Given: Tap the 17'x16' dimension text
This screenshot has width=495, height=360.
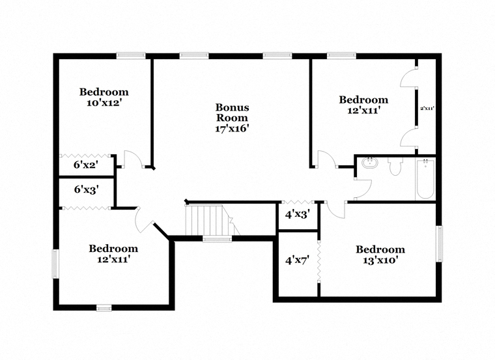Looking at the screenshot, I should [x=233, y=128].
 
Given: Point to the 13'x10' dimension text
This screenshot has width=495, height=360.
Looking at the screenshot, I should [x=380, y=260].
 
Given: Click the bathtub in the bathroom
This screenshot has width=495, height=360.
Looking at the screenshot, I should [x=424, y=178].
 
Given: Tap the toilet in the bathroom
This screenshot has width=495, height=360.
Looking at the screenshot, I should [x=393, y=167].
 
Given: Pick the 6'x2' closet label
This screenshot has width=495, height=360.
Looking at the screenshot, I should [x=85, y=165].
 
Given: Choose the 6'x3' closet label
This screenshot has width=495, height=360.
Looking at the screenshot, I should [x=86, y=190].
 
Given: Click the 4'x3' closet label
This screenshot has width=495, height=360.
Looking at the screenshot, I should [x=297, y=213].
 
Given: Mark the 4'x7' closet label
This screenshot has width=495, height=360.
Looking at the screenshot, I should [x=297, y=260].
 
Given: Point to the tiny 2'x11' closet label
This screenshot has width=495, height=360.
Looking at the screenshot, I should [x=427, y=109].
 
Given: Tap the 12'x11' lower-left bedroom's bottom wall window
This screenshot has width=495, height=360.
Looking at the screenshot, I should [x=104, y=307].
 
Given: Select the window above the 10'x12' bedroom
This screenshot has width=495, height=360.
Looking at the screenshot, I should [x=130, y=55].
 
